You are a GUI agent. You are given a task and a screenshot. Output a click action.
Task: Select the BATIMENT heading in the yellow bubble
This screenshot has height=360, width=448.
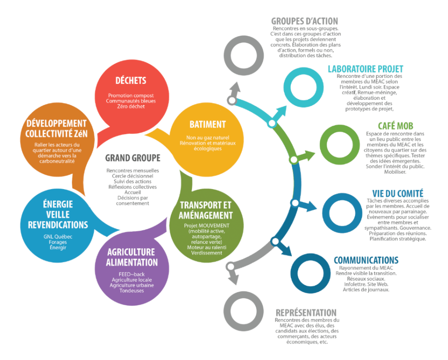[x=208, y=124]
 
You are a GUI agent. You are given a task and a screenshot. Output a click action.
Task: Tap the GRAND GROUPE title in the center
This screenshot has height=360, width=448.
[x=133, y=158]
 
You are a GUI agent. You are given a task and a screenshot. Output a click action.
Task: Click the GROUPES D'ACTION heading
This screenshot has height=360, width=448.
[x=305, y=21]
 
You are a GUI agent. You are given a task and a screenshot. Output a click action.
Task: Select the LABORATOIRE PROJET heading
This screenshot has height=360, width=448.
[x=365, y=69]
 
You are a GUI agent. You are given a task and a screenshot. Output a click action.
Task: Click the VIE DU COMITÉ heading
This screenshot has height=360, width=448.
[x=397, y=193]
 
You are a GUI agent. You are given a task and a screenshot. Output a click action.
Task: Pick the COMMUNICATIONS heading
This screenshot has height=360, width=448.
[x=366, y=260]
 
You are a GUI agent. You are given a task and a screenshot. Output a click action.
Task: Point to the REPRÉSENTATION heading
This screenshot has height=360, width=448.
[x=306, y=313]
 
